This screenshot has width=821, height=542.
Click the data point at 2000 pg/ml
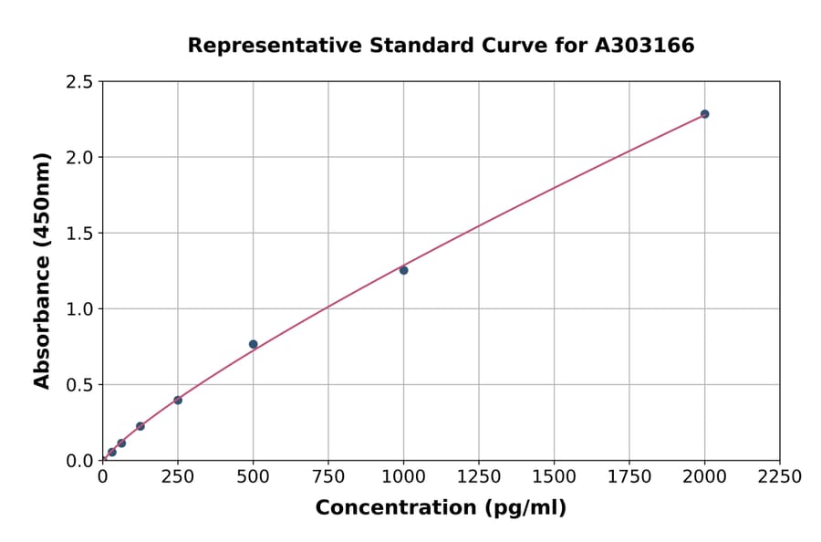click(x=704, y=114)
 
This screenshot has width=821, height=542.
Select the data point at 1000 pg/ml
click(x=403, y=270)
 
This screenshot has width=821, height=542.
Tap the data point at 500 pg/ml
click(x=253, y=344)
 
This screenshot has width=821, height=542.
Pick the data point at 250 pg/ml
click(x=178, y=400)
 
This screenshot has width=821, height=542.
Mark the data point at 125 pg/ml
click(x=140, y=426)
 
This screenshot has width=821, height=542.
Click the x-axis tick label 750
click(x=328, y=477)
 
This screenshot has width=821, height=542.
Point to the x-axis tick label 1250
click(x=479, y=477)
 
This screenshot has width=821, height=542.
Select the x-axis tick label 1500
click(x=554, y=477)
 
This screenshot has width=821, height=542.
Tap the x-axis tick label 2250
click(x=780, y=477)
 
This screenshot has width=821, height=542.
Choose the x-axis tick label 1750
click(x=629, y=477)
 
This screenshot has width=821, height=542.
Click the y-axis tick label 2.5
click(x=79, y=82)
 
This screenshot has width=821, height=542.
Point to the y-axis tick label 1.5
click(x=79, y=234)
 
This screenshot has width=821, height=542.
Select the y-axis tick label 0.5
click(x=79, y=385)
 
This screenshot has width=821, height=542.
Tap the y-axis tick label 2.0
click(x=79, y=158)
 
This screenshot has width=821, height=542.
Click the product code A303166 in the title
click(x=645, y=46)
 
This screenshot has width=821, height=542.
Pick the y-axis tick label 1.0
click(x=79, y=309)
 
